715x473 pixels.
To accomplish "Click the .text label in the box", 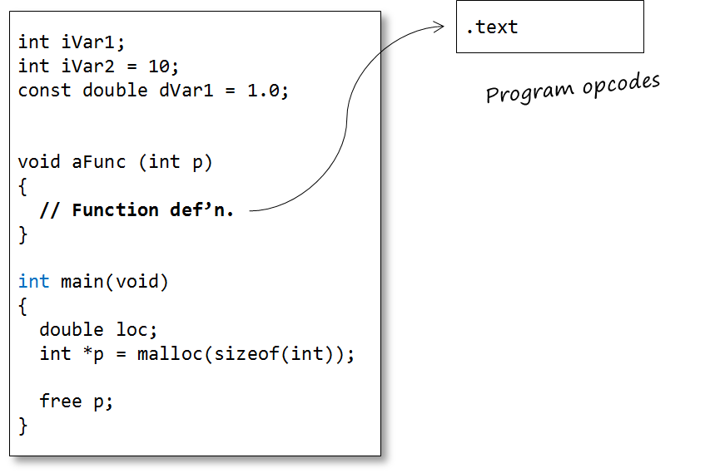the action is [x=492, y=27].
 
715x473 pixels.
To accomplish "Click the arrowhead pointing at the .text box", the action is [x=441, y=27].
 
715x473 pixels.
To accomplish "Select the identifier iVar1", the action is [x=88, y=42].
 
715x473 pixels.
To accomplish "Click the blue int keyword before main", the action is [x=34, y=282].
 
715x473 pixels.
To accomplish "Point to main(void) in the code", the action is [x=115, y=282].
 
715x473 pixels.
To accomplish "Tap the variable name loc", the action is [x=132, y=330].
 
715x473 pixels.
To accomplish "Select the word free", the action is [x=61, y=402].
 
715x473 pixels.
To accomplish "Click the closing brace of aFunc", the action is [x=23, y=234].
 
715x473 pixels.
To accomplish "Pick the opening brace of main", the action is [x=23, y=306].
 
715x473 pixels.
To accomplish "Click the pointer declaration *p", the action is [x=94, y=354].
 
